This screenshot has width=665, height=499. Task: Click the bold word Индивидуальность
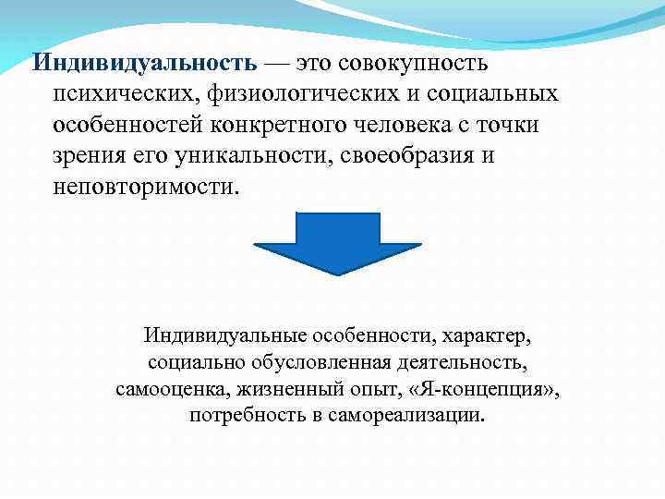click(144, 64)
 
